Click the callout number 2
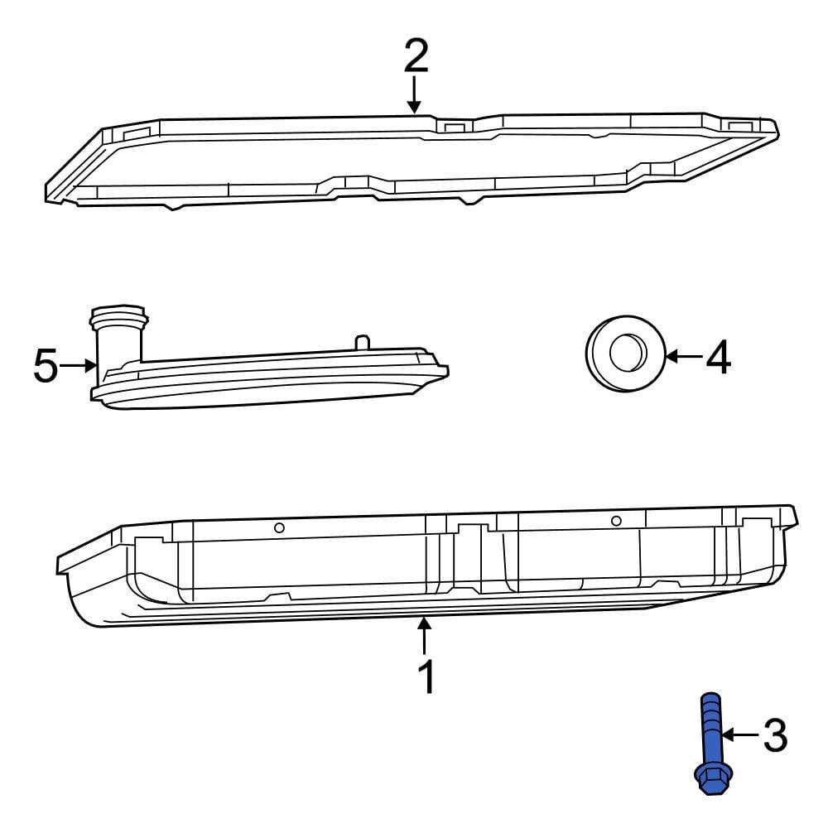(416, 55)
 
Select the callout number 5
(46, 366)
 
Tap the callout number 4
(718, 358)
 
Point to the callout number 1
(426, 677)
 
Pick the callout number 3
(773, 735)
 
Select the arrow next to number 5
(81, 364)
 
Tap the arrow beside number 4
(684, 357)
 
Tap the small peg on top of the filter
(361, 343)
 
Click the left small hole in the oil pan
(280, 528)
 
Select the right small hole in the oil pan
(616, 520)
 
